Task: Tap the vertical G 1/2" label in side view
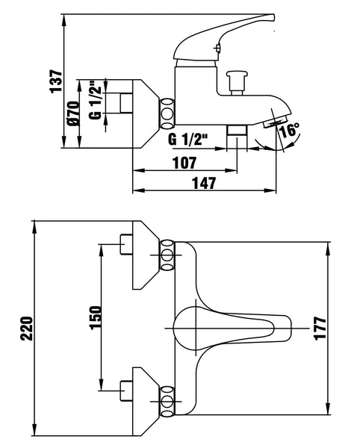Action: (95, 100)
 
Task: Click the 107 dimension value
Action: (183, 162)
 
